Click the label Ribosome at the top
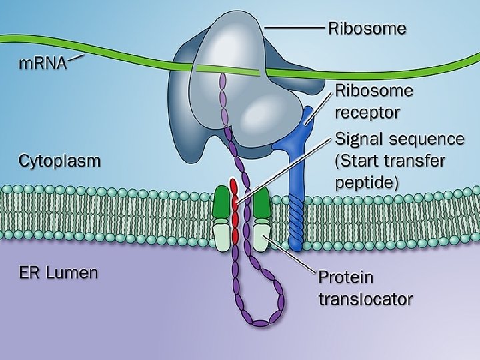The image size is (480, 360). [367, 29]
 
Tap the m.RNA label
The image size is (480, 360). [42, 64]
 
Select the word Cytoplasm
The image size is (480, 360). [60, 161]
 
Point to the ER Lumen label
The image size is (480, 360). [57, 272]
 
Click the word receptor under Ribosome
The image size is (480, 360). [368, 111]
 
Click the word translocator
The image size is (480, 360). [365, 298]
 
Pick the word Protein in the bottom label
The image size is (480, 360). [346, 276]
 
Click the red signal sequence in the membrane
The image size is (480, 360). [234, 213]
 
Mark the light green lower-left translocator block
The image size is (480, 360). [221, 235]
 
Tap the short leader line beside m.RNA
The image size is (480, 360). [76, 59]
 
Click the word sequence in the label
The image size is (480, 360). [428, 141]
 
